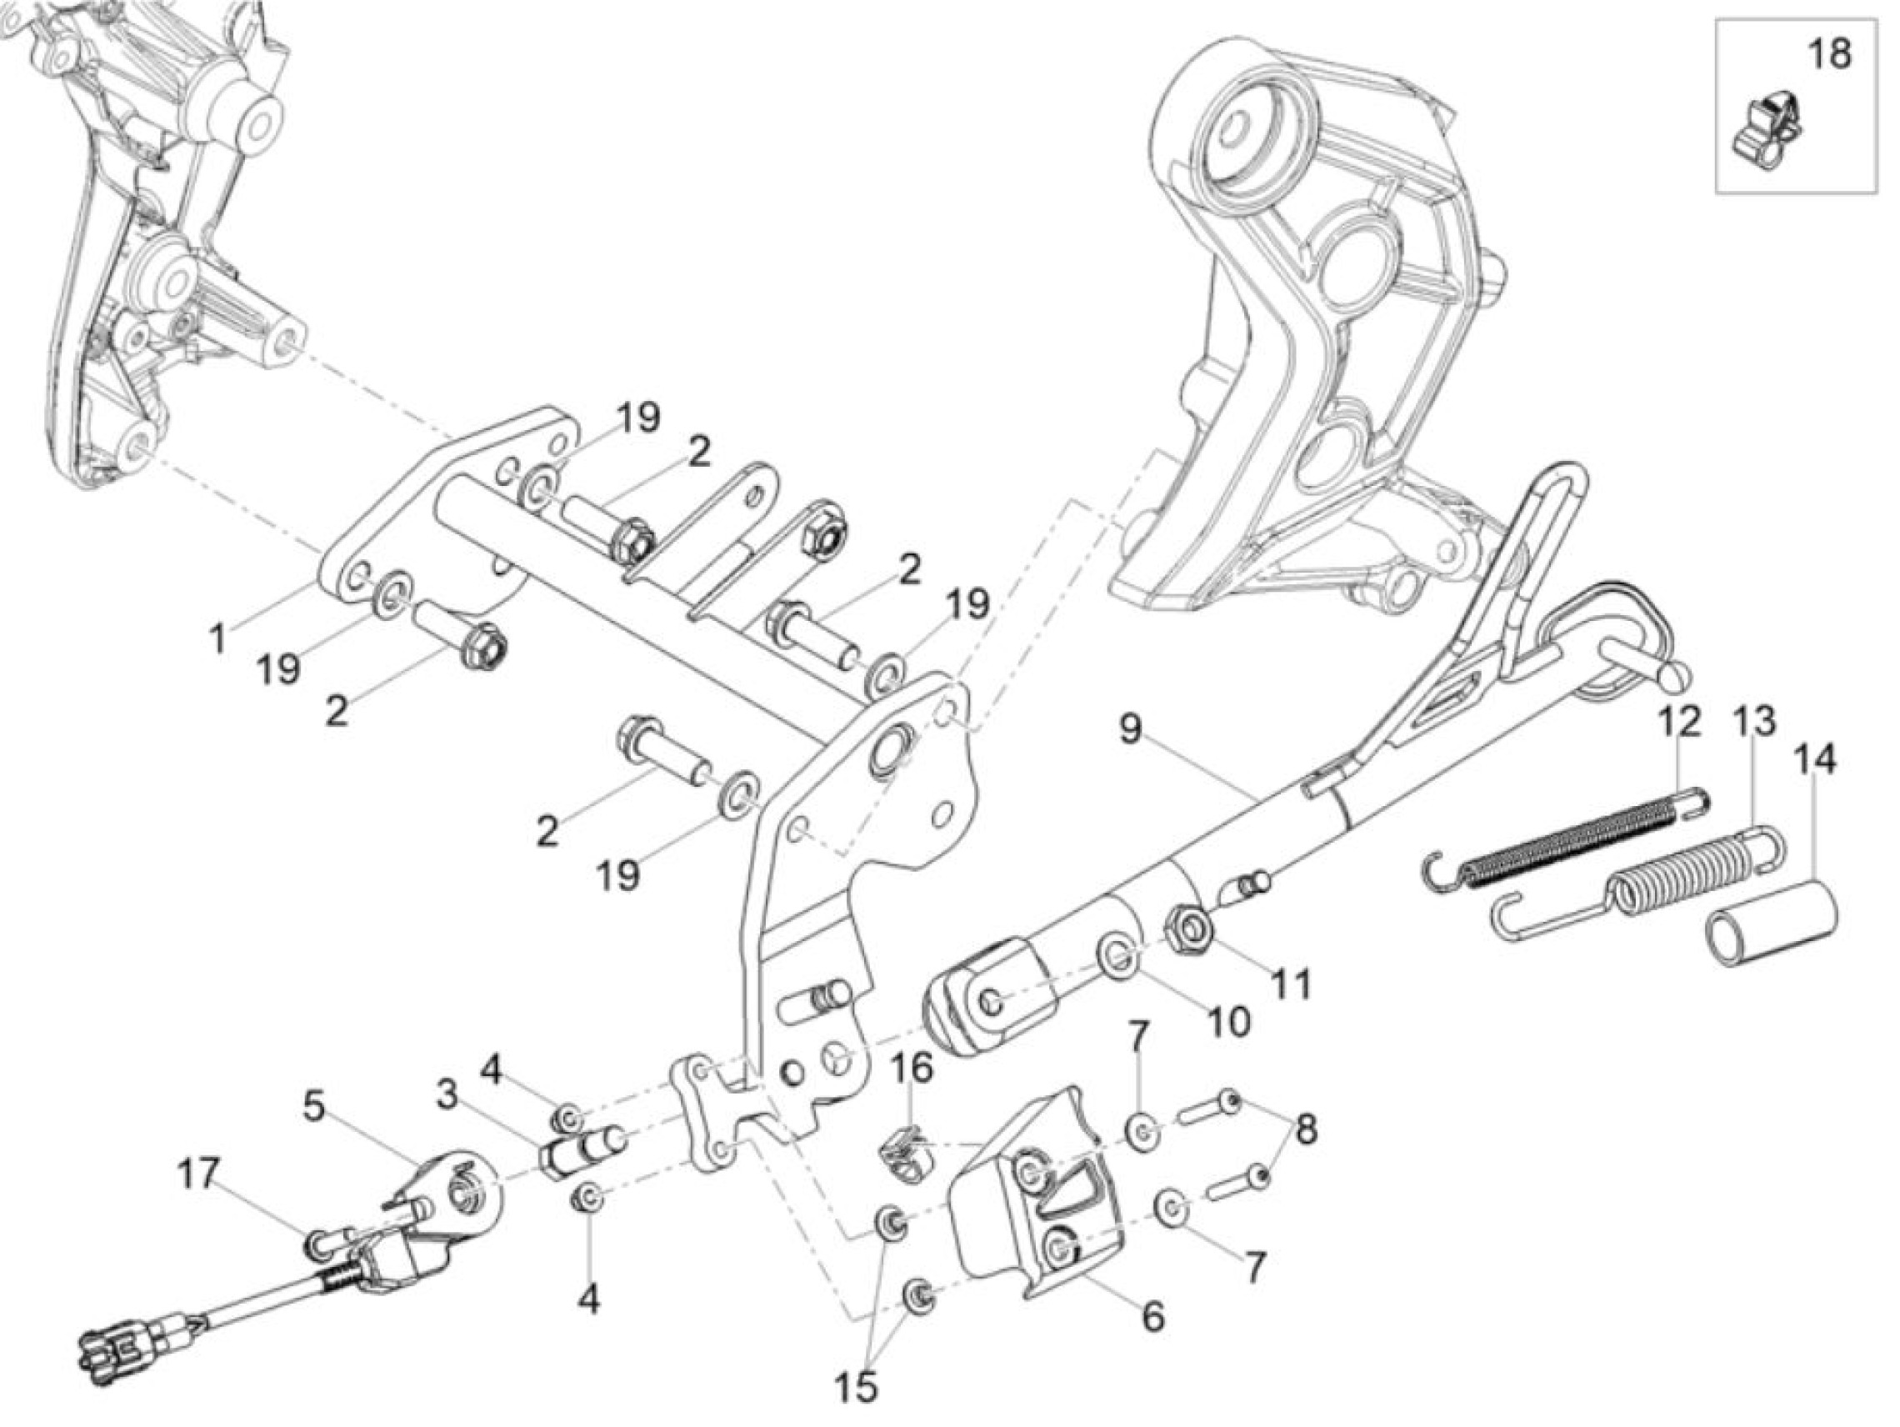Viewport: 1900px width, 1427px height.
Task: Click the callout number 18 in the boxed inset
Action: click(x=1828, y=54)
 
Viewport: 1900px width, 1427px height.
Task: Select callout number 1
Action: click(x=219, y=639)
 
